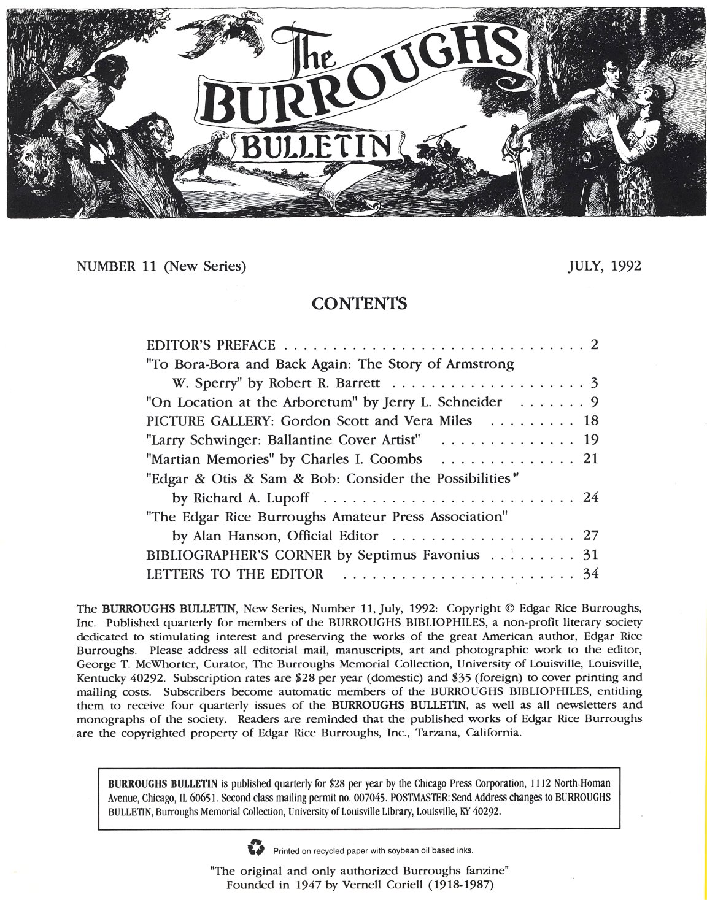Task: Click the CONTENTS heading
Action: (x=359, y=303)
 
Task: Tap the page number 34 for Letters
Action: (x=590, y=574)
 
